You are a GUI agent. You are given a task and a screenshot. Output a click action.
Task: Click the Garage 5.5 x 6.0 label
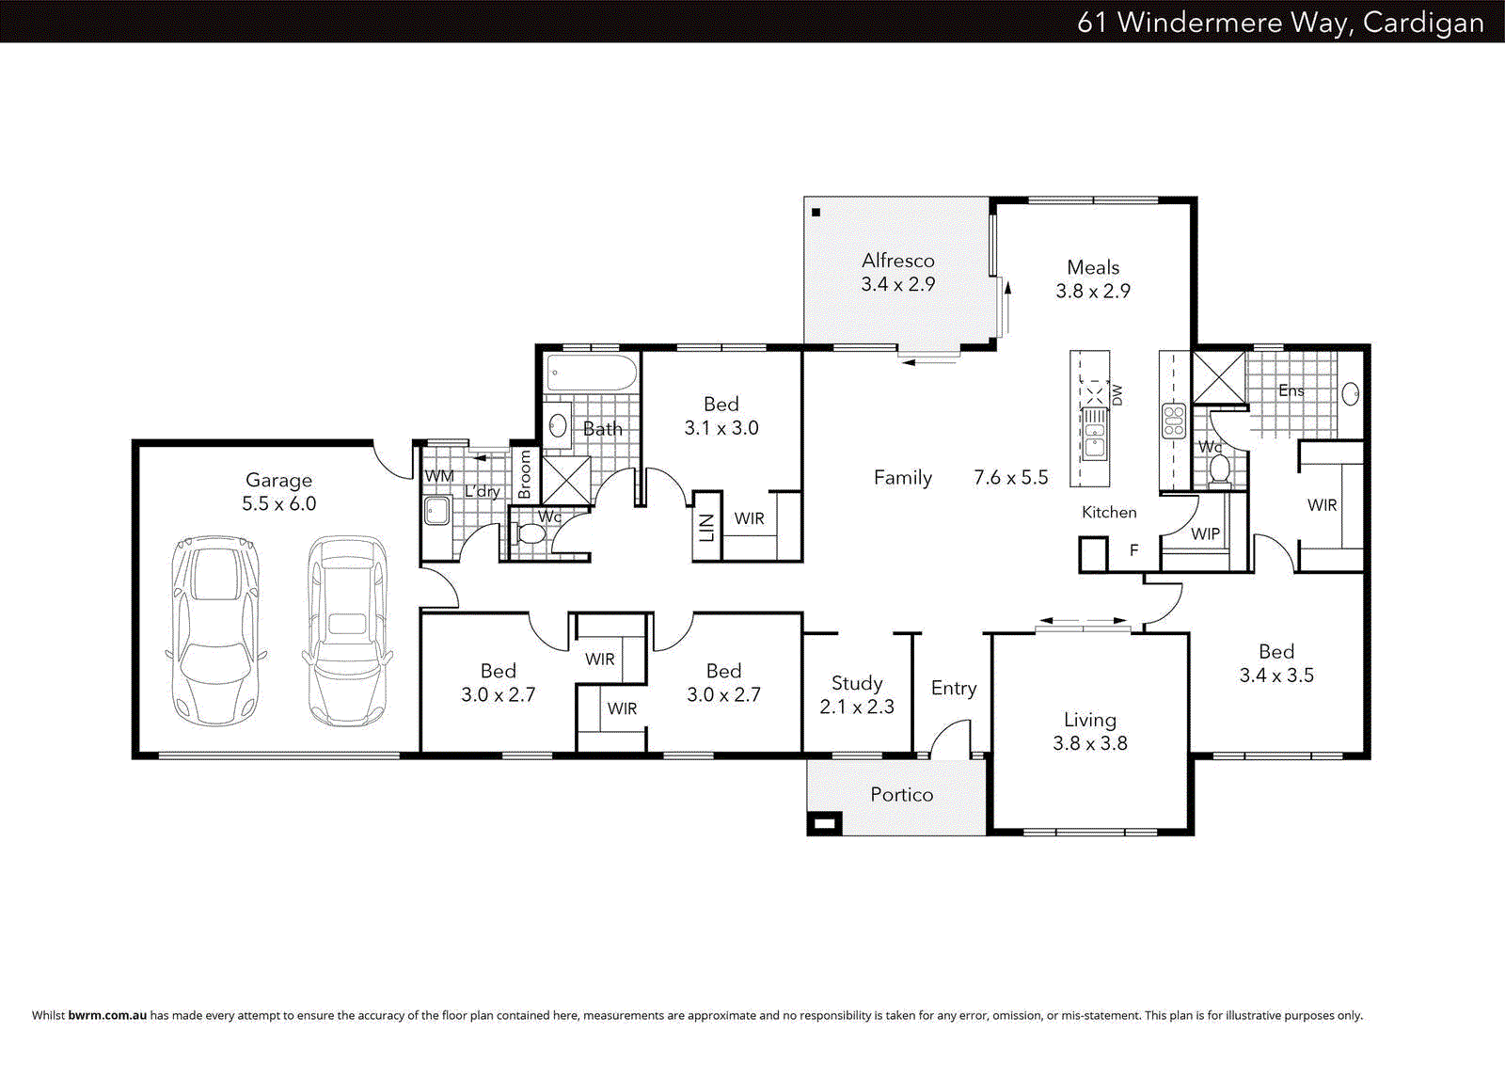click(278, 492)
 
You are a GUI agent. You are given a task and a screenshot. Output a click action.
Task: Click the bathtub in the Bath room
click(592, 374)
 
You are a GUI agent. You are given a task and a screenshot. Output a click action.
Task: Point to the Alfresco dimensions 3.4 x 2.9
click(897, 284)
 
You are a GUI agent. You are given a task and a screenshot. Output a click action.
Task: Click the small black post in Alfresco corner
click(816, 213)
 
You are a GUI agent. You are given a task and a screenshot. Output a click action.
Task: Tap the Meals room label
click(1093, 267)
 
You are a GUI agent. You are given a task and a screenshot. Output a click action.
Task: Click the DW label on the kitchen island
click(1117, 394)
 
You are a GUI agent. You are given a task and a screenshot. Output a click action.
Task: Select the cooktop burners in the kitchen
click(1174, 421)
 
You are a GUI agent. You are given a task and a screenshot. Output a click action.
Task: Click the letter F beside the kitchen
click(1133, 550)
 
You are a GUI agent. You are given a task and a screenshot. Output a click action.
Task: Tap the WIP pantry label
click(1205, 533)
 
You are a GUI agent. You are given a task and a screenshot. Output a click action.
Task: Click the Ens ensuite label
click(1291, 390)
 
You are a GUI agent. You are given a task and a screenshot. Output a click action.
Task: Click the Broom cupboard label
click(525, 473)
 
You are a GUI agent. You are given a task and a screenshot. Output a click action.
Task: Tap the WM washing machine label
click(438, 476)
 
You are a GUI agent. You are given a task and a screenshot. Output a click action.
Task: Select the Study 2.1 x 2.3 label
click(857, 694)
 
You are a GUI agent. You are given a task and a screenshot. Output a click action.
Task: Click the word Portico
click(901, 795)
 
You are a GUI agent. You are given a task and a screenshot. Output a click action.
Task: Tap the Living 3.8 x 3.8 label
click(1089, 731)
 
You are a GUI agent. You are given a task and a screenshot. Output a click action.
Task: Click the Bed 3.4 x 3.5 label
click(1276, 663)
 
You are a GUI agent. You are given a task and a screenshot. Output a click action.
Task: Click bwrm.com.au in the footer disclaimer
click(107, 1015)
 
